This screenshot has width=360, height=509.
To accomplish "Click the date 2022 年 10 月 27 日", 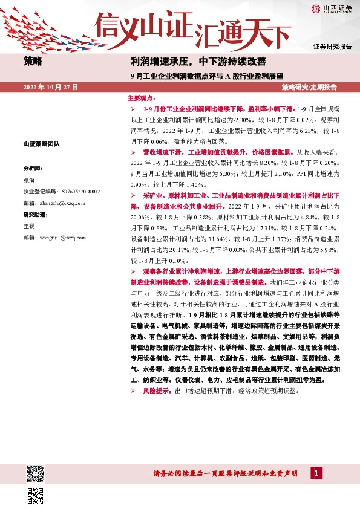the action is (x=51, y=88).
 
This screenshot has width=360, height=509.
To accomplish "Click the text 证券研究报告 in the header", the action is (x=332, y=47).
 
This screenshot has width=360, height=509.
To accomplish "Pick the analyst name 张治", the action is (x=28, y=180).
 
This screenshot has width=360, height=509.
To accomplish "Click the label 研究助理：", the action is (x=34, y=215).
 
